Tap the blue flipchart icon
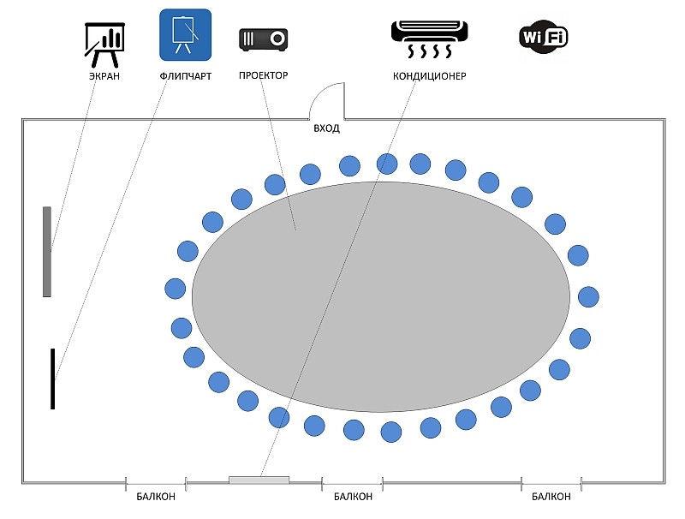(x=185, y=35)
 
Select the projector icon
(x=263, y=39)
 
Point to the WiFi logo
(x=544, y=37)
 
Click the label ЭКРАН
(x=104, y=76)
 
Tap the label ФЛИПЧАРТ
(x=185, y=76)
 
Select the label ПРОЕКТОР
(x=263, y=75)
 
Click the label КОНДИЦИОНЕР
(x=430, y=76)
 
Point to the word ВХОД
(x=326, y=128)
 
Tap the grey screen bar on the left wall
(x=47, y=252)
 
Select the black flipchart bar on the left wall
(x=53, y=379)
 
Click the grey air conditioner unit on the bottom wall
(x=259, y=480)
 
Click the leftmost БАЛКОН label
(x=156, y=497)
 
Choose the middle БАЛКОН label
(x=353, y=497)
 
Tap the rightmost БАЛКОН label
(x=551, y=497)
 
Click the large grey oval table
(x=381, y=295)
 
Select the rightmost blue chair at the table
(x=588, y=296)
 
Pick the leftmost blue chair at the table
(x=176, y=288)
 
